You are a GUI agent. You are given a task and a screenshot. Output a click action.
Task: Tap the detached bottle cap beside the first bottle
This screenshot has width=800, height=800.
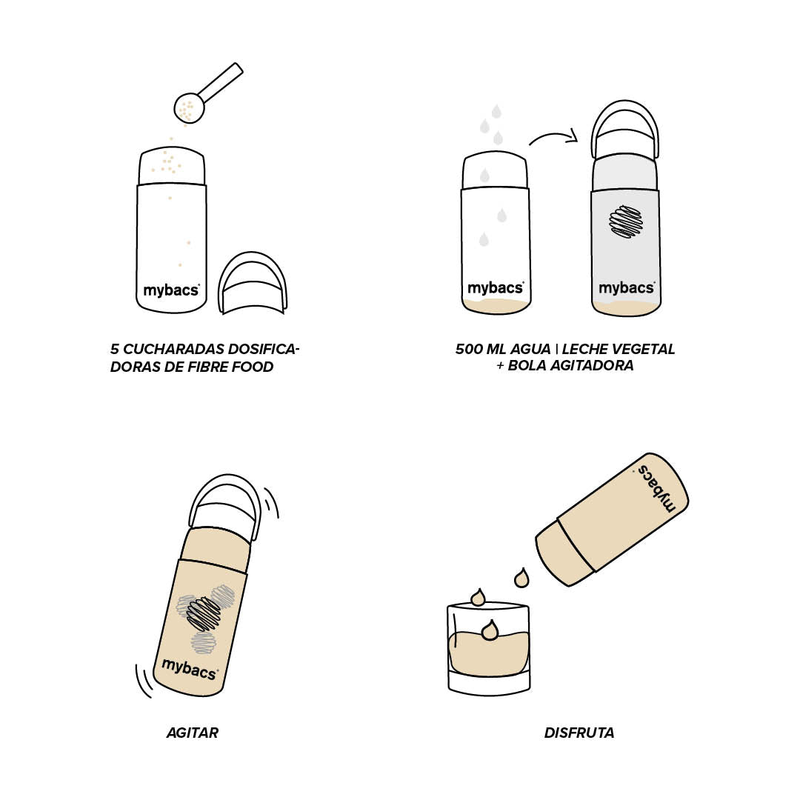pos(252,283)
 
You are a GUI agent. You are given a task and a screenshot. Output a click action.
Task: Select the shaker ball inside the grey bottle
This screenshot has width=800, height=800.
pos(626,221)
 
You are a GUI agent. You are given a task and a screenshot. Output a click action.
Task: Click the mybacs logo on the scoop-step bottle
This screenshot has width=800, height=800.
pos(171,290)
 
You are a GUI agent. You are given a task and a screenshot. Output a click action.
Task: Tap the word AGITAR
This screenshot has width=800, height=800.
pos(193,733)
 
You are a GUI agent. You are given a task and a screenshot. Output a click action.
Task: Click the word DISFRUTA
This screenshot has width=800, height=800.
pos(579,733)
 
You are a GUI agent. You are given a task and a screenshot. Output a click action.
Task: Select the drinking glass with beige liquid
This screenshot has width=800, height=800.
pos(489,648)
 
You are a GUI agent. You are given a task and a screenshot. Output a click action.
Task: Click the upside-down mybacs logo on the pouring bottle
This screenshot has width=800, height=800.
pos(656,487)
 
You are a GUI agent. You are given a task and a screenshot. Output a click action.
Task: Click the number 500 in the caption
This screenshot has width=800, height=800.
pos(469,349)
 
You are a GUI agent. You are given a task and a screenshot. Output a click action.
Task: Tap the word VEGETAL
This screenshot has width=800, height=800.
pos(647,349)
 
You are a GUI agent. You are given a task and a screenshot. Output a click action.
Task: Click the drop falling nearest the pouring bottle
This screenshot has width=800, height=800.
pos(521,578)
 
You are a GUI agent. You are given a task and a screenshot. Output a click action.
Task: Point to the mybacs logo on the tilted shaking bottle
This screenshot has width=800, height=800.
pos(190,669)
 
